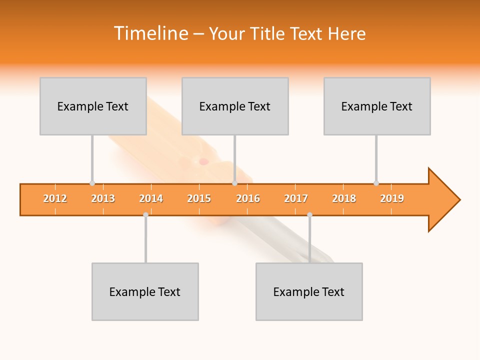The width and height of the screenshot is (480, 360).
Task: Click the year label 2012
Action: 55,198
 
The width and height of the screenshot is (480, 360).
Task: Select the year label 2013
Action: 103,198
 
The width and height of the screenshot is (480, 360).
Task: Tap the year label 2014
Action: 151,198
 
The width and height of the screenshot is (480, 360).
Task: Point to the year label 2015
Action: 199,198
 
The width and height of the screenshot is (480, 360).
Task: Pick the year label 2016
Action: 248,198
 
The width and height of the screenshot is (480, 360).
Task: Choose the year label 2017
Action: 296,198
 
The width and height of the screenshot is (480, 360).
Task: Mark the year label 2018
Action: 344,198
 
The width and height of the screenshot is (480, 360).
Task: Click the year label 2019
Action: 392,198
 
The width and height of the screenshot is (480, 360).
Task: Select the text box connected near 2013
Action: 93,106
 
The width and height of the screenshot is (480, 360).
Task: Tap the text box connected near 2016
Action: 235,106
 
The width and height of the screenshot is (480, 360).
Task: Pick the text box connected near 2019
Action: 377,106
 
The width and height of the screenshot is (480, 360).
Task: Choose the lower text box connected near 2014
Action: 145,291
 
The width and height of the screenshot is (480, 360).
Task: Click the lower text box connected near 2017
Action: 309,291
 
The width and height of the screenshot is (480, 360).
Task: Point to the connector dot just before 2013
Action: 92,183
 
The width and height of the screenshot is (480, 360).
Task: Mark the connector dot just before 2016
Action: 234,183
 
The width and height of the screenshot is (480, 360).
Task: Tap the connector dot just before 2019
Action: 376,183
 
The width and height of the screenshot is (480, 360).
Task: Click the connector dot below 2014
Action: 145,214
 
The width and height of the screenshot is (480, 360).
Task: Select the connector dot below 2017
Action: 309,214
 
